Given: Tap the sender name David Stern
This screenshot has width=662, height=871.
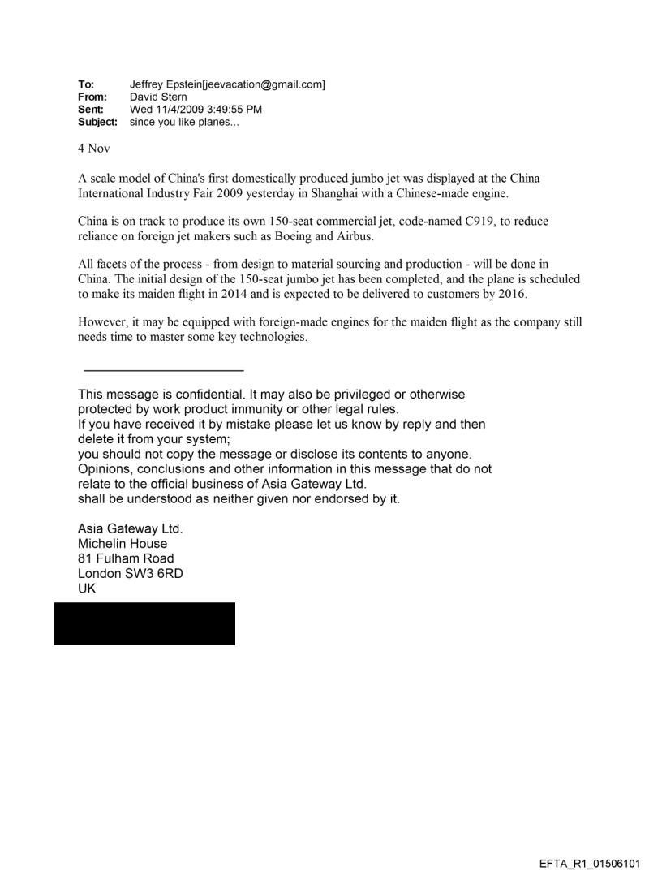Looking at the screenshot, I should [158, 97].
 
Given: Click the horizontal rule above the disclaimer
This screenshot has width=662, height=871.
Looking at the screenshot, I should [164, 370].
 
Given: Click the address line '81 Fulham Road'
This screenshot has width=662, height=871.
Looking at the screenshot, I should [126, 558].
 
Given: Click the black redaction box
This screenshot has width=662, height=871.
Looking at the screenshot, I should [144, 623].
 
